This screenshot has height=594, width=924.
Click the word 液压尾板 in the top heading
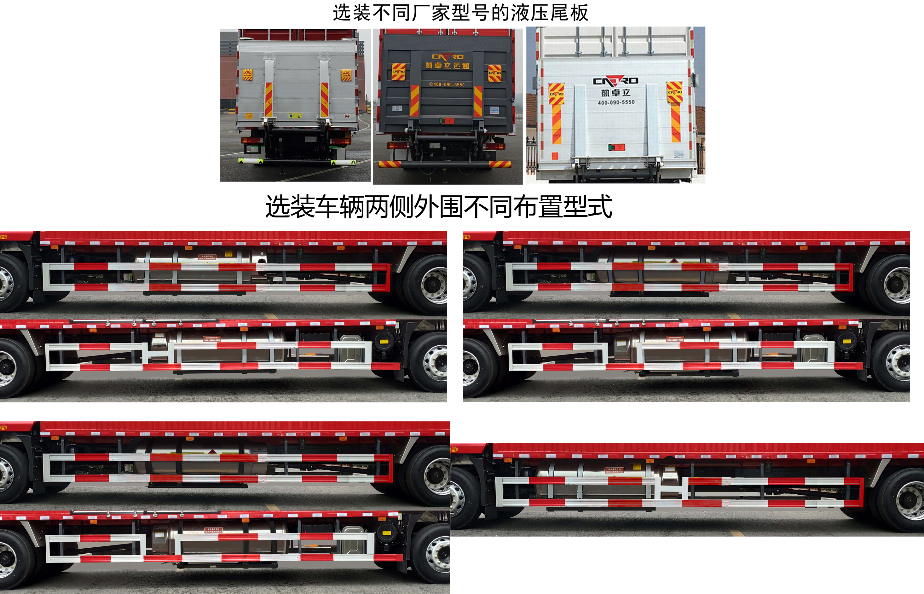point(549,13)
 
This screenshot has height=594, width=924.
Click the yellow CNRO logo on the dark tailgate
point(447,57)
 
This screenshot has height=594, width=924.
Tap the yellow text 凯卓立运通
point(447,66)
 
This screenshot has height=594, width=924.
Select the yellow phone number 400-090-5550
point(447,84)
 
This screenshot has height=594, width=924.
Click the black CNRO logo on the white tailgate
point(615,81)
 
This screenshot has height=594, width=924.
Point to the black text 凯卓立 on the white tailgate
point(615,93)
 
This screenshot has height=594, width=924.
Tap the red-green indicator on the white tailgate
point(616,147)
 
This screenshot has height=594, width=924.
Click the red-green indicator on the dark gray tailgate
point(447,121)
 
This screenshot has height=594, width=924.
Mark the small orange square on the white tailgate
point(555,156)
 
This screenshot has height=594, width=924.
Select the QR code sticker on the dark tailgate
point(397,108)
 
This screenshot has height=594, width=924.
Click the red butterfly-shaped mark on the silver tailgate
point(347,116)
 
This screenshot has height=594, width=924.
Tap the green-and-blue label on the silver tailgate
point(295,115)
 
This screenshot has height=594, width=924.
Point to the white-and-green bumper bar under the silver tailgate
point(297,162)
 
